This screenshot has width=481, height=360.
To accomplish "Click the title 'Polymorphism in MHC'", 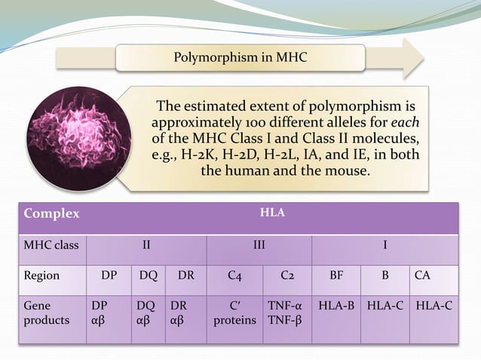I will (x=240, y=57).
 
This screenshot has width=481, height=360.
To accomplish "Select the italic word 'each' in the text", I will (x=406, y=121).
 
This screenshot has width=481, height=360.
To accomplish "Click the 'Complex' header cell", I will (x=51, y=213).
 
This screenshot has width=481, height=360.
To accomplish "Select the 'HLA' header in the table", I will (x=271, y=213).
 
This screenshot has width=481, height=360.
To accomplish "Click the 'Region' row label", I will (x=41, y=276).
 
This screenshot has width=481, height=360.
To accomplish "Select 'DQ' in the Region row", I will (x=148, y=276).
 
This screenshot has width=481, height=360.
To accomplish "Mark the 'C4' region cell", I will (x=234, y=276).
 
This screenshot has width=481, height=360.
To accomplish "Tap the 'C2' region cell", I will (x=287, y=276).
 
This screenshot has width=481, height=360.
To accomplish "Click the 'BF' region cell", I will (x=337, y=276).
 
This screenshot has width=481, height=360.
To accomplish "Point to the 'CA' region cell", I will (x=424, y=276).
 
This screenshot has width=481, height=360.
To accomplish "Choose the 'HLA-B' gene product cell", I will (x=337, y=308).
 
